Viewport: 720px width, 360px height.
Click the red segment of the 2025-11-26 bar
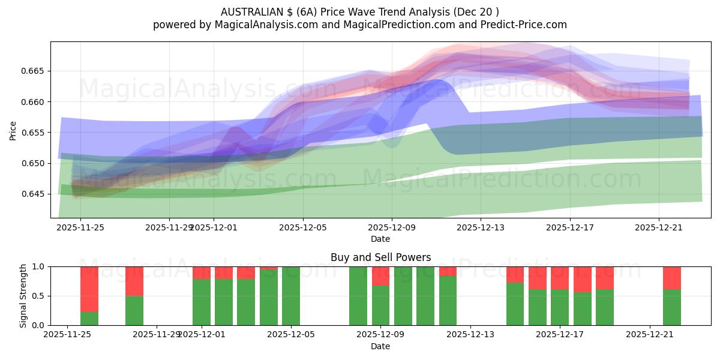coord(89,289)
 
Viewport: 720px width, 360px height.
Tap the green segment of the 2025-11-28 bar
coord(134,310)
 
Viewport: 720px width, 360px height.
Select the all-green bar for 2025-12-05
coord(291,296)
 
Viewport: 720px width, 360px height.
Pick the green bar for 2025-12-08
coord(358,296)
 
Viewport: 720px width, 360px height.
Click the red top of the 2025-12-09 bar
coord(380,276)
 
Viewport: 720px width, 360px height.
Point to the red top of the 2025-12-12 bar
coord(448,271)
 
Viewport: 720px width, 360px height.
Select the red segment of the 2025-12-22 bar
coord(672,278)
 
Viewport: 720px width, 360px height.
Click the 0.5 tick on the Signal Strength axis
coord(38,296)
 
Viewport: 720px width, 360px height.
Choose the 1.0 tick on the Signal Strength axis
coord(38,266)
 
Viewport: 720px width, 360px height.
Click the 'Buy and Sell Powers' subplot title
coord(380,257)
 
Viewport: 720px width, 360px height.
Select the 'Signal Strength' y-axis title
coord(23,296)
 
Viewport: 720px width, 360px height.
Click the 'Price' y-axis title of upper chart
coord(13,130)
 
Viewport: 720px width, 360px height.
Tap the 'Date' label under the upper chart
coord(380,239)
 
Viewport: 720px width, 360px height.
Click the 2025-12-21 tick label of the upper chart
coord(659,227)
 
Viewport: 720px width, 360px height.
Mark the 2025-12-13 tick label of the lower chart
coord(470,335)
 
